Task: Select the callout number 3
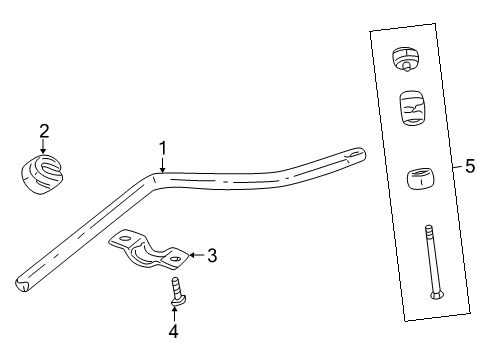tap(211, 256)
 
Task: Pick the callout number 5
tap(469, 168)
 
